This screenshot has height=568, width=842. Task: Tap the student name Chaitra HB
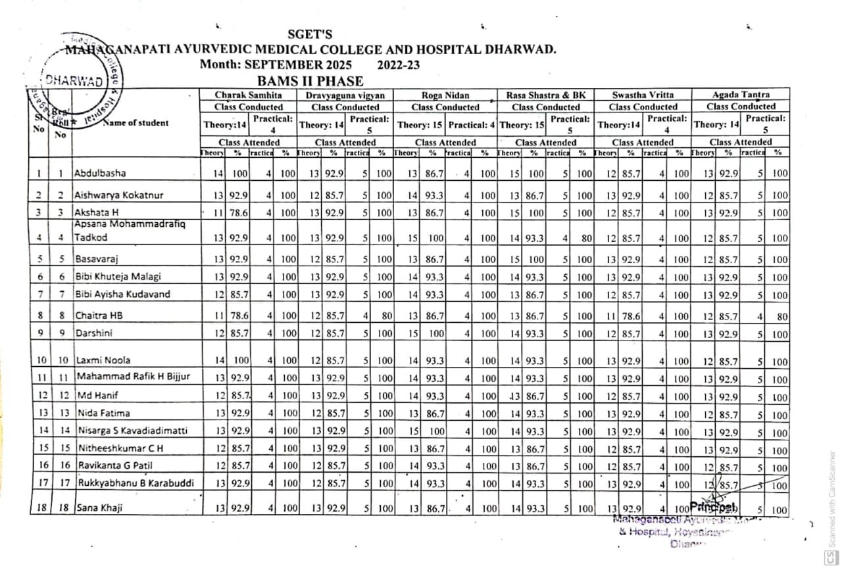click(99, 316)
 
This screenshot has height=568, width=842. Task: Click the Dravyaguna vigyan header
click(345, 95)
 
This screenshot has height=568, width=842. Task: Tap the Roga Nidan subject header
click(445, 95)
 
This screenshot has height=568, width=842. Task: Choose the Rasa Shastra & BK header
click(546, 95)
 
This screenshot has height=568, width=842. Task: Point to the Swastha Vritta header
click(643, 95)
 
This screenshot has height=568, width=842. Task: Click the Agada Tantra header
click(741, 95)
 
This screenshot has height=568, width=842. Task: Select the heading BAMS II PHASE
click(310, 82)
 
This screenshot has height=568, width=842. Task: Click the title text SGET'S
click(310, 34)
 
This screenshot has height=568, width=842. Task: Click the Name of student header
click(135, 122)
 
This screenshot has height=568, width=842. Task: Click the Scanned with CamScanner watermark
click(831, 503)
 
